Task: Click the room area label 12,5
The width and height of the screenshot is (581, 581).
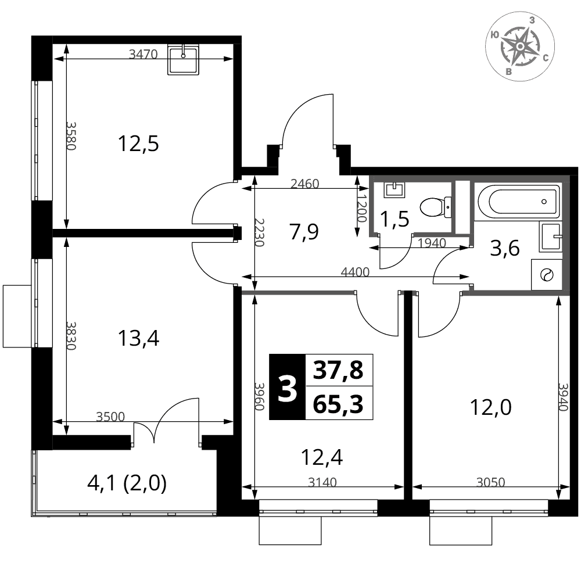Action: click(138, 144)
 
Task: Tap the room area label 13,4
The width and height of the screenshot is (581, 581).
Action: click(138, 338)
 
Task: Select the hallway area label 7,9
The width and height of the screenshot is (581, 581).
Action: click(304, 232)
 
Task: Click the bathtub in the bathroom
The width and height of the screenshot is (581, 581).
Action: click(518, 202)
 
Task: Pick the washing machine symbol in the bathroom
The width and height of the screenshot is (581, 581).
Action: click(547, 275)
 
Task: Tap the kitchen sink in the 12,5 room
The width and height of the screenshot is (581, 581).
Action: click(184, 60)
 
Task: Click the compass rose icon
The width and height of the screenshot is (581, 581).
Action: click(520, 46)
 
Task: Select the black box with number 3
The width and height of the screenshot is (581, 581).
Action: click(287, 387)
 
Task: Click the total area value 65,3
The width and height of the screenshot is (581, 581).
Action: click(338, 404)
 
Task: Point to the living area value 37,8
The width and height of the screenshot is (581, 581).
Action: click(338, 370)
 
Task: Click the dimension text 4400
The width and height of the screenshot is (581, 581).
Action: click(355, 272)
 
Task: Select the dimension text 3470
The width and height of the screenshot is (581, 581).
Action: click(143, 55)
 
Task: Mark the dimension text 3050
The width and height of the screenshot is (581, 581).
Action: click(490, 482)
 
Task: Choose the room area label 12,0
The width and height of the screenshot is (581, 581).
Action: click(490, 408)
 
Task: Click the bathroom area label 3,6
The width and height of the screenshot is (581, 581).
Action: click(505, 248)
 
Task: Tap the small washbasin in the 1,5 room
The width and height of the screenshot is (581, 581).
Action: click(395, 189)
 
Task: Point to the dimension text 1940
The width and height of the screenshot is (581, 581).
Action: click(432, 243)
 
